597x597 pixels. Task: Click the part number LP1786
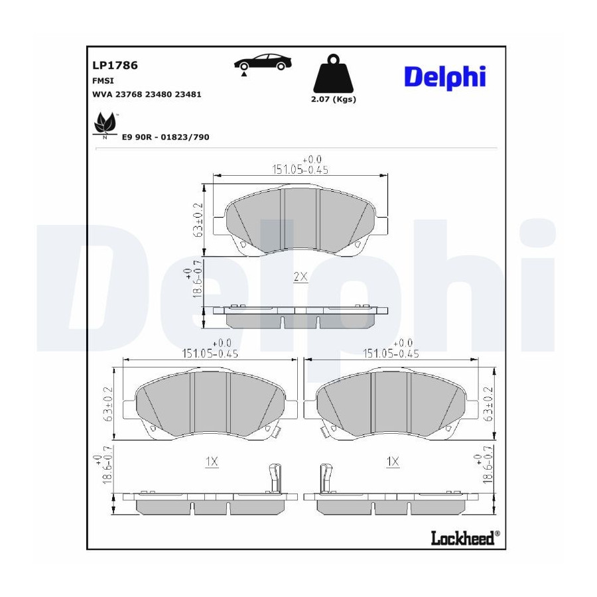pos(115,65)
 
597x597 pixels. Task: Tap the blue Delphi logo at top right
pos(444,78)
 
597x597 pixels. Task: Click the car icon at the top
pos(262,63)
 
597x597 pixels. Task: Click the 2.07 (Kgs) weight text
pos(334,99)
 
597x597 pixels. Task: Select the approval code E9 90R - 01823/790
pos(166,137)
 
